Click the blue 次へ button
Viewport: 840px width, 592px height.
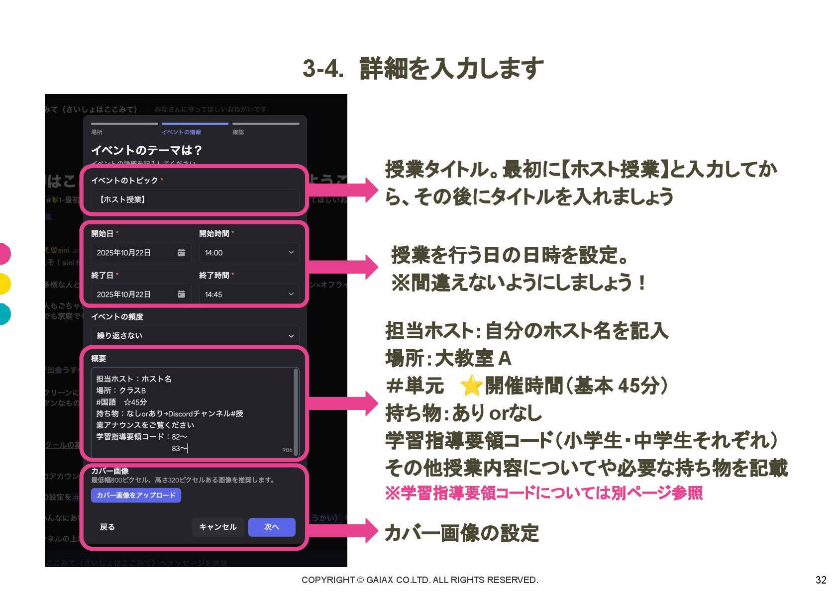click(x=272, y=527)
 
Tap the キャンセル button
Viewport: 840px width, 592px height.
click(x=218, y=527)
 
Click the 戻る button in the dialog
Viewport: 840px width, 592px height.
click(x=107, y=527)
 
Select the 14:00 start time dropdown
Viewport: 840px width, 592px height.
click(x=249, y=253)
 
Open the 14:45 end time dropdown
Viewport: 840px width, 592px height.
click(x=249, y=295)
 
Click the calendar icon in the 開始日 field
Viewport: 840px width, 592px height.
click(x=181, y=253)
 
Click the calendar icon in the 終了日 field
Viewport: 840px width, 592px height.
click(x=181, y=295)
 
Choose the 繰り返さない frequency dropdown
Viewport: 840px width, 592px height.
click(x=195, y=336)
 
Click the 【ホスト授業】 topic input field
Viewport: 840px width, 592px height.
click(x=195, y=199)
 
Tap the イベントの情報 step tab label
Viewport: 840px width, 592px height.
click(x=181, y=132)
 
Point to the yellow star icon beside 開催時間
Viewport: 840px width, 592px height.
click(x=471, y=386)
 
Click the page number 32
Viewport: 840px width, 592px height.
click(x=821, y=580)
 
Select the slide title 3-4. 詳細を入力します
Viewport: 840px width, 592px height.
click(x=423, y=69)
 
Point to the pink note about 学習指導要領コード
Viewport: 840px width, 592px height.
click(x=543, y=493)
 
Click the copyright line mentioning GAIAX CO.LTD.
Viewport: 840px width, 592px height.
click(x=420, y=580)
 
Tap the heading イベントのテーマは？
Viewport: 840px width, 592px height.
click(x=146, y=150)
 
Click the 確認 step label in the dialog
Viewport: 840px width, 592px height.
click(x=238, y=132)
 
